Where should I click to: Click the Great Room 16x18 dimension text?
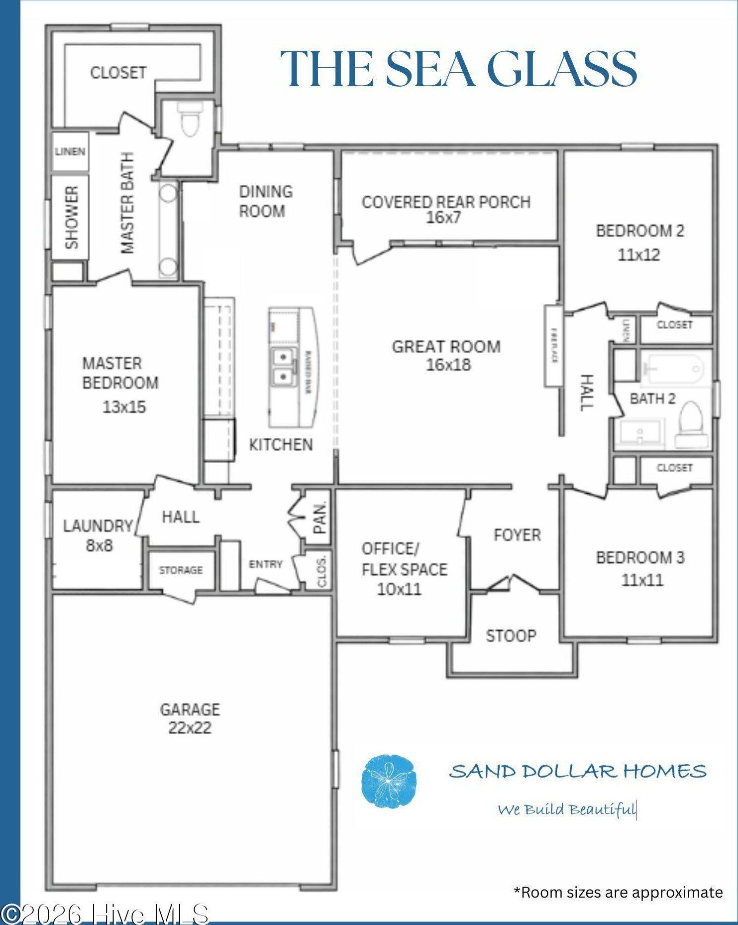pyautogui.click(x=448, y=365)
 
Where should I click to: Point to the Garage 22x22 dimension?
pyautogui.click(x=190, y=728)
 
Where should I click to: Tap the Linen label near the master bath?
pyautogui.click(x=70, y=151)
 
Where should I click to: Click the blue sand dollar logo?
pyautogui.click(x=389, y=781)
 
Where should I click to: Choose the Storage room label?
pyautogui.click(x=181, y=570)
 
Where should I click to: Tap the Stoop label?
pyautogui.click(x=511, y=636)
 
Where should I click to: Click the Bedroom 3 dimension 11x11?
pyautogui.click(x=642, y=580)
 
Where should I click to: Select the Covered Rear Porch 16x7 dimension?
pyautogui.click(x=443, y=217)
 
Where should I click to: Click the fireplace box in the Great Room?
pyautogui.click(x=552, y=346)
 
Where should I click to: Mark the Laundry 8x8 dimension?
pyautogui.click(x=100, y=545)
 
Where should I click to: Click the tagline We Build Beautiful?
pyautogui.click(x=567, y=809)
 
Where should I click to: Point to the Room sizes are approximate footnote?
pyautogui.click(x=618, y=892)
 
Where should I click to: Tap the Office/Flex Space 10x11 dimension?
pyautogui.click(x=399, y=589)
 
